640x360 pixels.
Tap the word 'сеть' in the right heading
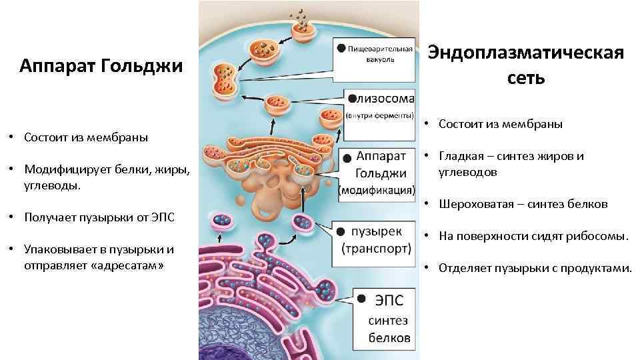[x=526, y=78]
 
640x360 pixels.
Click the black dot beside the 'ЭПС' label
[x=361, y=299]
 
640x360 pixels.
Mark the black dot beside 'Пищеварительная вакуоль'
[x=341, y=48]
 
